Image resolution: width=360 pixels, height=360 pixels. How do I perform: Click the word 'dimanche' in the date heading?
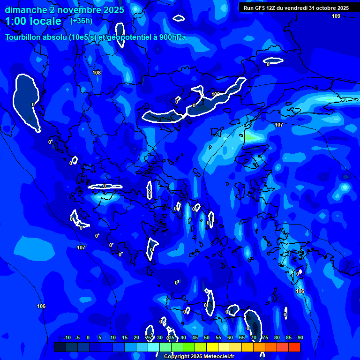click(x=23, y=10)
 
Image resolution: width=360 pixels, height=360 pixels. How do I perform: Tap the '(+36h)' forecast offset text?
click(x=81, y=21)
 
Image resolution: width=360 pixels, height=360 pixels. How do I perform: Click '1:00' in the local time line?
click(x=15, y=22)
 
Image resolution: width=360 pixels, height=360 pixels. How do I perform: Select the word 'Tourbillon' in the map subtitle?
click(x=22, y=37)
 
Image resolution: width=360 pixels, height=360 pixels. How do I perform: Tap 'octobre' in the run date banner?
click(x=324, y=8)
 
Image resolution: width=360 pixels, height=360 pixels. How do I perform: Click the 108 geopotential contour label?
click(x=97, y=73)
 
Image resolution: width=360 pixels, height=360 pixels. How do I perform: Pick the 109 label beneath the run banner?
click(x=336, y=16)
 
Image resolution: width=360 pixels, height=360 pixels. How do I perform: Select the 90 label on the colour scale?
click(x=300, y=337)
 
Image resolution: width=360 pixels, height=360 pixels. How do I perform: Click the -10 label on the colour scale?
click(x=67, y=337)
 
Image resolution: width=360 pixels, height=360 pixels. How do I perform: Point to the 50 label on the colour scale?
click(x=207, y=337)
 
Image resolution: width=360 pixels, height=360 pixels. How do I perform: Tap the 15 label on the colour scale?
click(x=125, y=337)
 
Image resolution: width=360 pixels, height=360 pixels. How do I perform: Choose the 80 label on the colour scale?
click(x=277, y=337)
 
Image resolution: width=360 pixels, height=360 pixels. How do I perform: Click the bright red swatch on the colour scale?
click(x=294, y=347)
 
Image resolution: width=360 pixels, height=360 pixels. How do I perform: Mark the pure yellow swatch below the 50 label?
click(x=212, y=347)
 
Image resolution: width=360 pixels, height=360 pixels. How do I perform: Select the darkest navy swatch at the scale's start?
click(x=60, y=347)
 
